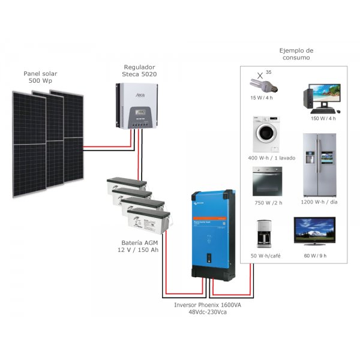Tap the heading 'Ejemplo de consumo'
pyautogui.click(x=296, y=54)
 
